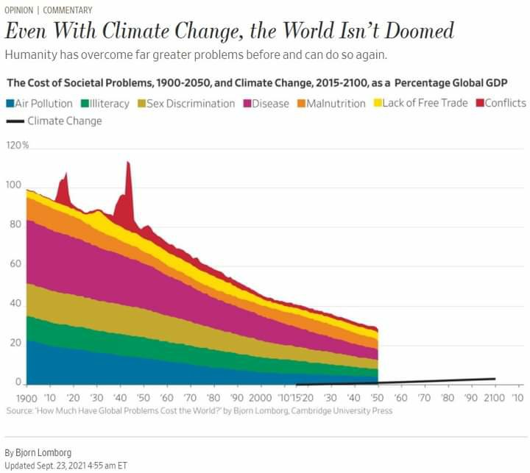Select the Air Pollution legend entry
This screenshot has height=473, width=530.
(40, 104)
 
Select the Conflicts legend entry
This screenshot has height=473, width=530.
(500, 103)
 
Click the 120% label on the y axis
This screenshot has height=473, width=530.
(17, 146)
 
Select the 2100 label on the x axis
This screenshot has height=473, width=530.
(495, 398)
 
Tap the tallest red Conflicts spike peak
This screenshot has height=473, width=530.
(128, 163)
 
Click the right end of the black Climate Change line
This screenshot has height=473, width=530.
(495, 379)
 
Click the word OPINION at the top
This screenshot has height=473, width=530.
(19, 10)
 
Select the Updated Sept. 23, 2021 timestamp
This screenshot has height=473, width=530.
(66, 465)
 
